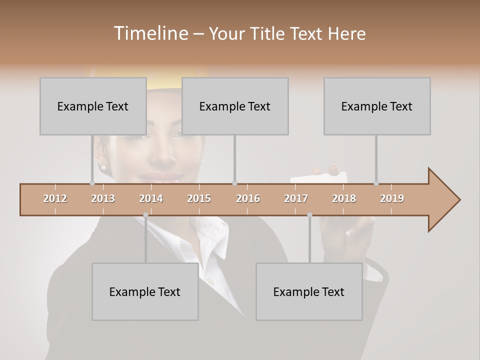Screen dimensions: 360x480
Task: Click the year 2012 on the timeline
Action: point(55,198)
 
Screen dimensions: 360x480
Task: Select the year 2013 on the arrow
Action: point(103,198)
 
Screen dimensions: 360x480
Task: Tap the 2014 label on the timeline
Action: point(151,198)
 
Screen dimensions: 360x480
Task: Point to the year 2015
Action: point(199,198)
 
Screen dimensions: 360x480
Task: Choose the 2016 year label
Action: point(248,198)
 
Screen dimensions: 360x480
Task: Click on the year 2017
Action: point(296,198)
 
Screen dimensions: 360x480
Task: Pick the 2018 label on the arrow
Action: point(344,198)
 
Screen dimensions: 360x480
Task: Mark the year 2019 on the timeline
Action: point(392,198)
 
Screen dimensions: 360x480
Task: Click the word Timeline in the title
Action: point(150,33)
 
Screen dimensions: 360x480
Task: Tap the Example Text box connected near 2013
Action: point(93,106)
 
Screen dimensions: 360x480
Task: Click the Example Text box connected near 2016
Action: point(235,106)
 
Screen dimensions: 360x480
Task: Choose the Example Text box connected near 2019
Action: point(377,106)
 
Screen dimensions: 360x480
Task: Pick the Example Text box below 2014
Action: point(145,291)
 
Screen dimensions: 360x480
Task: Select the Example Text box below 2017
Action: point(309,291)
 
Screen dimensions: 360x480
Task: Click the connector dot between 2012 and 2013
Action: point(92,183)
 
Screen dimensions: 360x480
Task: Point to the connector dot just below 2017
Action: point(309,215)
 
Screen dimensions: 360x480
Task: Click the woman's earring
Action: point(103,166)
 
